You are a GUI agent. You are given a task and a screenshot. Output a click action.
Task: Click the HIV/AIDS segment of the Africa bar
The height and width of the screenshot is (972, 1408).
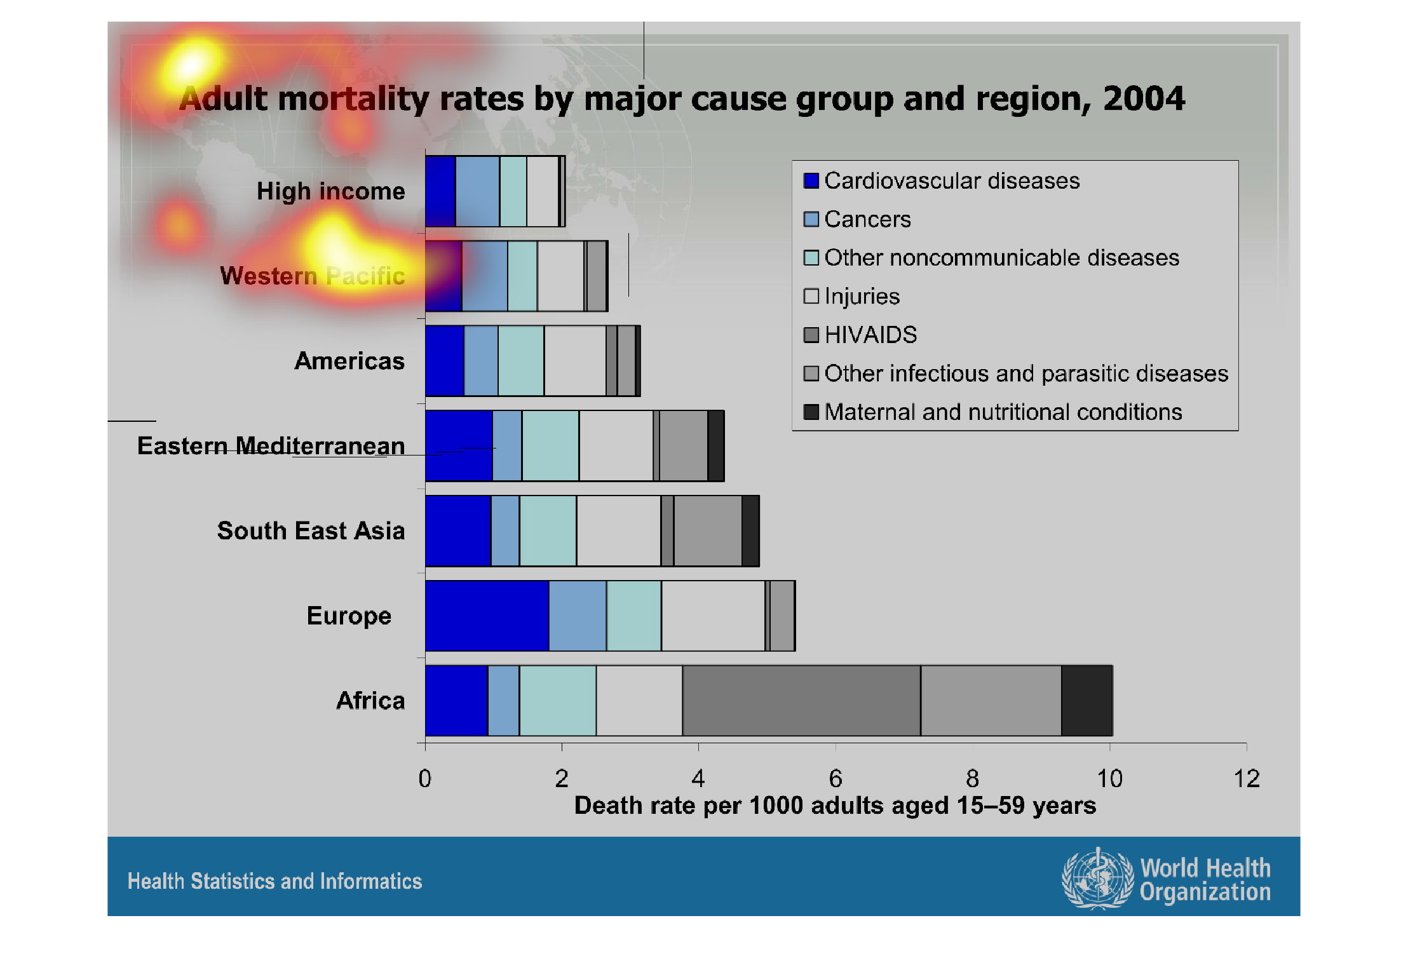click(801, 700)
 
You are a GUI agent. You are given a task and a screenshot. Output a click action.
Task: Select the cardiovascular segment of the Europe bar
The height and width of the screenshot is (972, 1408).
click(487, 616)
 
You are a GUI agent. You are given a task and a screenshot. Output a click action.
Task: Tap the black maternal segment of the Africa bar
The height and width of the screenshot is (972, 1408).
click(1086, 700)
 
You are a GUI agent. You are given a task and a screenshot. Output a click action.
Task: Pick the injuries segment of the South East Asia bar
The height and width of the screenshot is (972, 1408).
click(618, 530)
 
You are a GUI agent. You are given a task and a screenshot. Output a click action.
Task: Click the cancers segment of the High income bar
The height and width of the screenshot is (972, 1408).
click(477, 191)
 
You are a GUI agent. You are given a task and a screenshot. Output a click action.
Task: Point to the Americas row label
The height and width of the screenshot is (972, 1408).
click(349, 361)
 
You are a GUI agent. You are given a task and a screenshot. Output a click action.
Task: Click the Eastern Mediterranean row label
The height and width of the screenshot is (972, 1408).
click(271, 446)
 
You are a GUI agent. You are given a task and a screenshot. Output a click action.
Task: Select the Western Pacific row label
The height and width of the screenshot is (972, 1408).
click(313, 276)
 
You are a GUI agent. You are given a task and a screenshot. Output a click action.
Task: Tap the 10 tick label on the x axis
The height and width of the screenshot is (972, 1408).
click(1109, 778)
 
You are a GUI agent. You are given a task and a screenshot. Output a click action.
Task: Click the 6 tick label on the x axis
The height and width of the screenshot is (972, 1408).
click(836, 778)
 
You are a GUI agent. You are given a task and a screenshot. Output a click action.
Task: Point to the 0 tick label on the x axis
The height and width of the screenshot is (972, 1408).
click(425, 778)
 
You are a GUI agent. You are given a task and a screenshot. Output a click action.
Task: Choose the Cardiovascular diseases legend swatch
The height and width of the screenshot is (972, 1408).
click(811, 181)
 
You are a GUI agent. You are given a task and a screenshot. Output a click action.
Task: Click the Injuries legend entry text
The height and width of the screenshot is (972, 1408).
click(862, 297)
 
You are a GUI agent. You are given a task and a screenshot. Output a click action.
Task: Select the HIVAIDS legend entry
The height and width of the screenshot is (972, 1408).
click(870, 335)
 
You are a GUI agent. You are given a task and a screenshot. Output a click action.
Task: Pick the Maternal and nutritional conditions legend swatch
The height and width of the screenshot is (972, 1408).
click(811, 412)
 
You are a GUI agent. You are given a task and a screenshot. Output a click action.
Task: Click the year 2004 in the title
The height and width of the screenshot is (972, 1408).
click(1144, 99)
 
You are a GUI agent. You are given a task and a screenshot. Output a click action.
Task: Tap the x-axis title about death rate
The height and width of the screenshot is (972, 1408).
click(835, 806)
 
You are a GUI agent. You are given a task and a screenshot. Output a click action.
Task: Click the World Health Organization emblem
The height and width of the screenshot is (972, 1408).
click(1097, 879)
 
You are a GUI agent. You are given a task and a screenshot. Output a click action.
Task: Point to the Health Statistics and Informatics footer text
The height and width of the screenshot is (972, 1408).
click(274, 881)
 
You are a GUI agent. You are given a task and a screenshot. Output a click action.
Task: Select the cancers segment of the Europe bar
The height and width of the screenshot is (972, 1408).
click(578, 616)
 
